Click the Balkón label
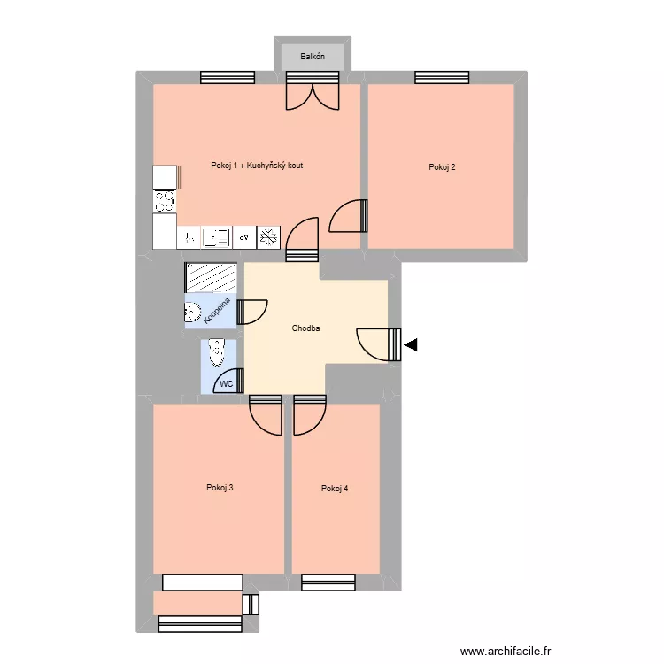pos(313,57)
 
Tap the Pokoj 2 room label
pos(442,166)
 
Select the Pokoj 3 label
pos(220,488)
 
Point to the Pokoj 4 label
pos(335,488)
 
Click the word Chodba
pos(305,328)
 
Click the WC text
pos(226,384)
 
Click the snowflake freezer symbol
pos(268,237)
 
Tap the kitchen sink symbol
pos(217,237)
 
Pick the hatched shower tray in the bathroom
pos(211,277)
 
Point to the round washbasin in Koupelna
pos(192,313)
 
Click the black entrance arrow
pos(411,345)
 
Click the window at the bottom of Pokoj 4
pos(328,582)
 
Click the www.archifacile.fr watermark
pos(506,651)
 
